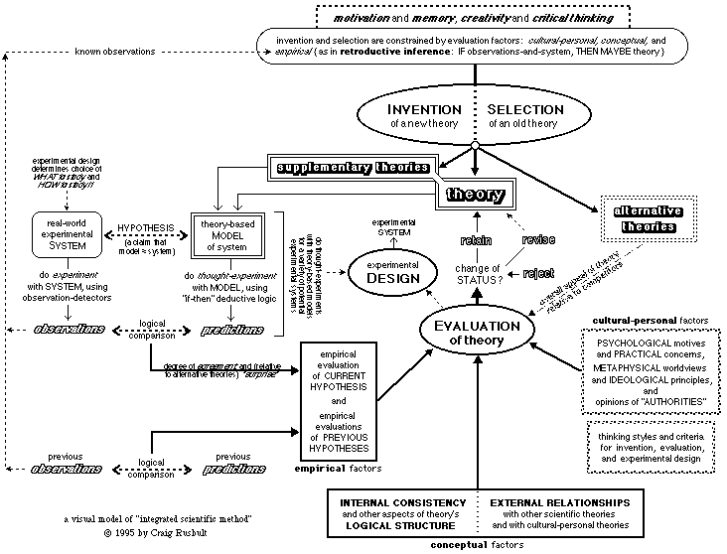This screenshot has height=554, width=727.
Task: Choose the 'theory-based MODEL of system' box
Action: tap(229, 233)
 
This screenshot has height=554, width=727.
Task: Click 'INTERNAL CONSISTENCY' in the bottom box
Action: tap(398, 503)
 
